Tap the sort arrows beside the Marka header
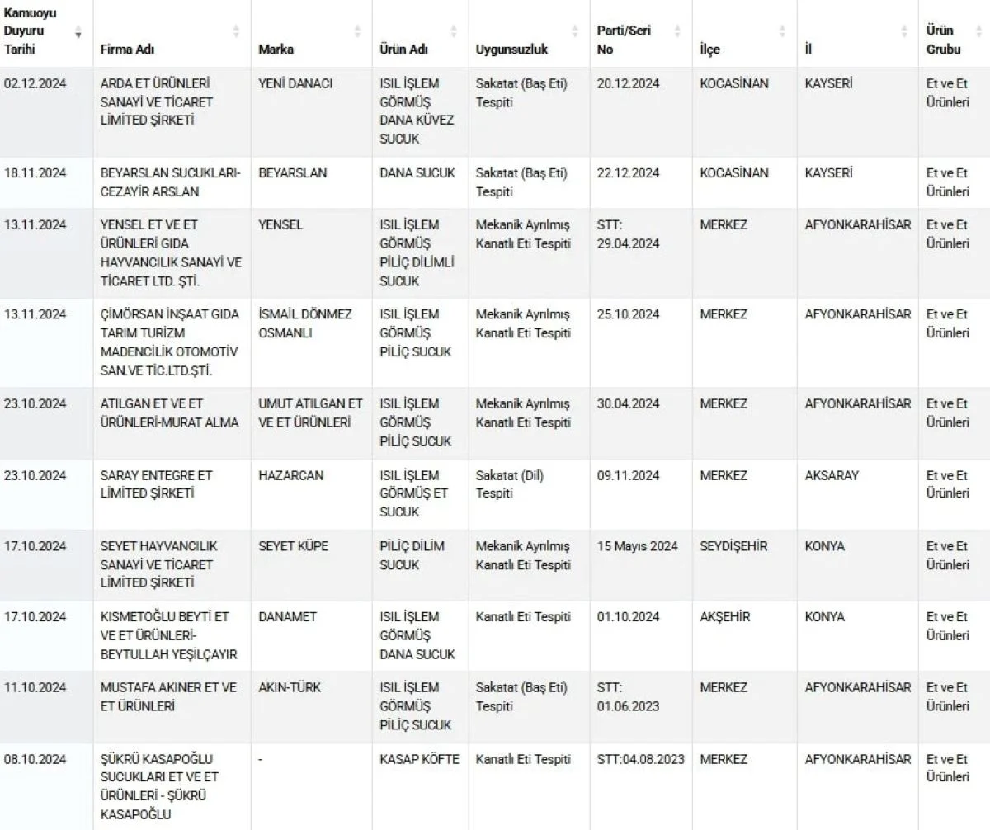tap(357, 31)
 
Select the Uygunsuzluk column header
tap(511, 50)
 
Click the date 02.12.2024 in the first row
tap(35, 84)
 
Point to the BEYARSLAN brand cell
tap(292, 173)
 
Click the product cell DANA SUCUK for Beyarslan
tap(417, 173)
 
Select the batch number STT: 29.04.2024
tap(628, 234)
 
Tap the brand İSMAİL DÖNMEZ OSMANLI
tap(305, 323)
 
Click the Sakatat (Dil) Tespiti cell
tap(510, 484)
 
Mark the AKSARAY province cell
tap(832, 475)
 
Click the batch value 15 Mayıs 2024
tap(638, 546)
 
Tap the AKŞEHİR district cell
tap(725, 617)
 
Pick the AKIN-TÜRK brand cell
tap(290, 688)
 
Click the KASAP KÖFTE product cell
tap(419, 759)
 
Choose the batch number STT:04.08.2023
tap(640, 759)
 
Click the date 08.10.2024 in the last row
tap(35, 759)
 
